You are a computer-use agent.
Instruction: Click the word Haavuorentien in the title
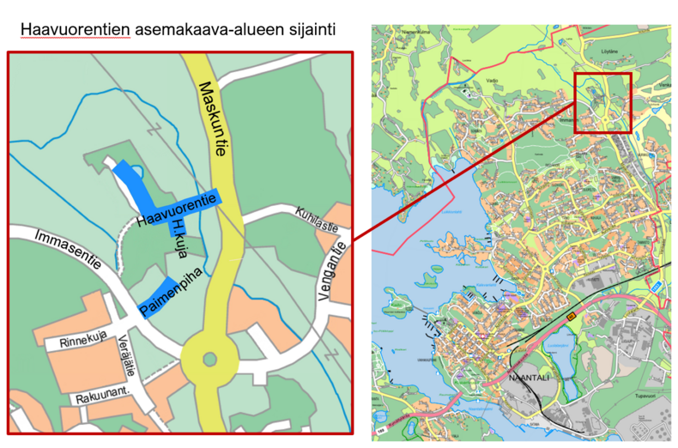point(76,30)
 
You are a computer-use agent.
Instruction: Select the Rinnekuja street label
point(85,342)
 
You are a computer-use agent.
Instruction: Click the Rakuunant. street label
point(97,397)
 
